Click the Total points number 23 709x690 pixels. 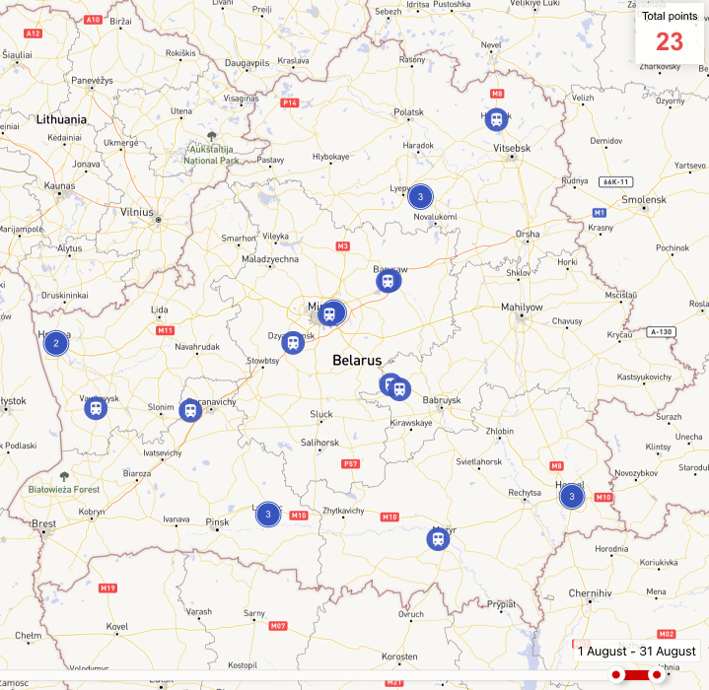pyautogui.click(x=670, y=41)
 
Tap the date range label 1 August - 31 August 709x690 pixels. pyautogui.click(x=637, y=651)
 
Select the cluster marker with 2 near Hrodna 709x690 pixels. pyautogui.click(x=56, y=343)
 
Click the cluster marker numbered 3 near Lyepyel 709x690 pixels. pyautogui.click(x=420, y=196)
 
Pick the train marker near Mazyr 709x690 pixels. pyautogui.click(x=437, y=538)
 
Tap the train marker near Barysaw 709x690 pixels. pyautogui.click(x=389, y=282)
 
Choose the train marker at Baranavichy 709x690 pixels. pyautogui.click(x=190, y=409)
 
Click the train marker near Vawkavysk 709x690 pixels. pyautogui.click(x=96, y=407)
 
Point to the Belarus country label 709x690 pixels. pyautogui.click(x=357, y=361)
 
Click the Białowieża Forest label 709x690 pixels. pyautogui.click(x=64, y=489)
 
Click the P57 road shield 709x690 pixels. pyautogui.click(x=350, y=463)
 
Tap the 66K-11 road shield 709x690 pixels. pyautogui.click(x=614, y=181)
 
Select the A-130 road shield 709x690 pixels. pyautogui.click(x=661, y=331)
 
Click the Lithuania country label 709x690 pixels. pyautogui.click(x=61, y=119)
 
